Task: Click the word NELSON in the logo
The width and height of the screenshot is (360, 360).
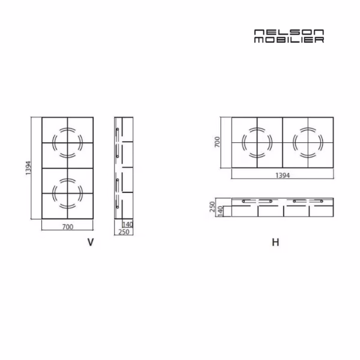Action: [289, 32]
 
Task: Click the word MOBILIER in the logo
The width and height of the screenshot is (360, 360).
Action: [289, 40]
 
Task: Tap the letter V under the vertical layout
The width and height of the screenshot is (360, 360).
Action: [91, 242]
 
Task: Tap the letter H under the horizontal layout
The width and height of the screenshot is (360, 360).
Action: [275, 242]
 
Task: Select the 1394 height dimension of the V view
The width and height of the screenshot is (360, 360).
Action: [28, 168]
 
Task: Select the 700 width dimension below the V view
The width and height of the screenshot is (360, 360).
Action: [68, 227]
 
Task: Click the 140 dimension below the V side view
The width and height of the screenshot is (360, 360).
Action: [128, 224]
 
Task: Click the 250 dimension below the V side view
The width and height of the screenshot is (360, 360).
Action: [124, 232]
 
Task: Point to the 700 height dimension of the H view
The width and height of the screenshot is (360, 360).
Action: [217, 142]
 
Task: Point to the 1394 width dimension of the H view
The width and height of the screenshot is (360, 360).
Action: [283, 175]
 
